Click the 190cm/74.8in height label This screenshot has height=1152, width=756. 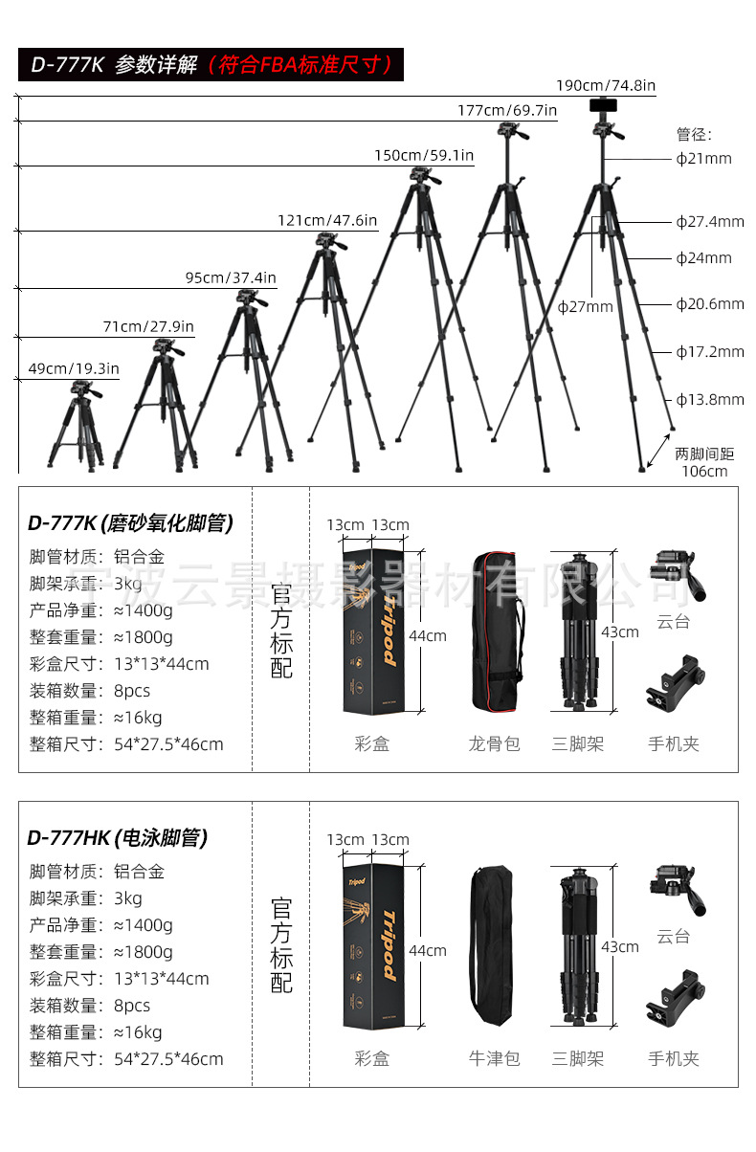click(x=606, y=85)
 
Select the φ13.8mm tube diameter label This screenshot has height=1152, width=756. click(x=709, y=399)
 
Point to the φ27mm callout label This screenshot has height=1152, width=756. click(x=585, y=306)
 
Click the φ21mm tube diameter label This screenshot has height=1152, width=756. click(x=703, y=158)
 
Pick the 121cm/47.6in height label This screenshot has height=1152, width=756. click(x=327, y=220)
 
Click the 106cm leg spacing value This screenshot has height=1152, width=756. click(x=704, y=471)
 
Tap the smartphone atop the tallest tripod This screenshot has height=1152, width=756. click(x=603, y=104)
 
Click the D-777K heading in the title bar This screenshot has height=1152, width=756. click(x=66, y=65)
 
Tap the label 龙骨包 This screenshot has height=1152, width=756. click(x=494, y=743)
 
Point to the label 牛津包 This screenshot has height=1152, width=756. click(x=494, y=1058)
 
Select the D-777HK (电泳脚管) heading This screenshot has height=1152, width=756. click(x=117, y=838)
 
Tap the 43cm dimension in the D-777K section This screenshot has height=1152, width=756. click(x=619, y=631)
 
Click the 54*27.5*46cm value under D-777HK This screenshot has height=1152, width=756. click(x=168, y=1059)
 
